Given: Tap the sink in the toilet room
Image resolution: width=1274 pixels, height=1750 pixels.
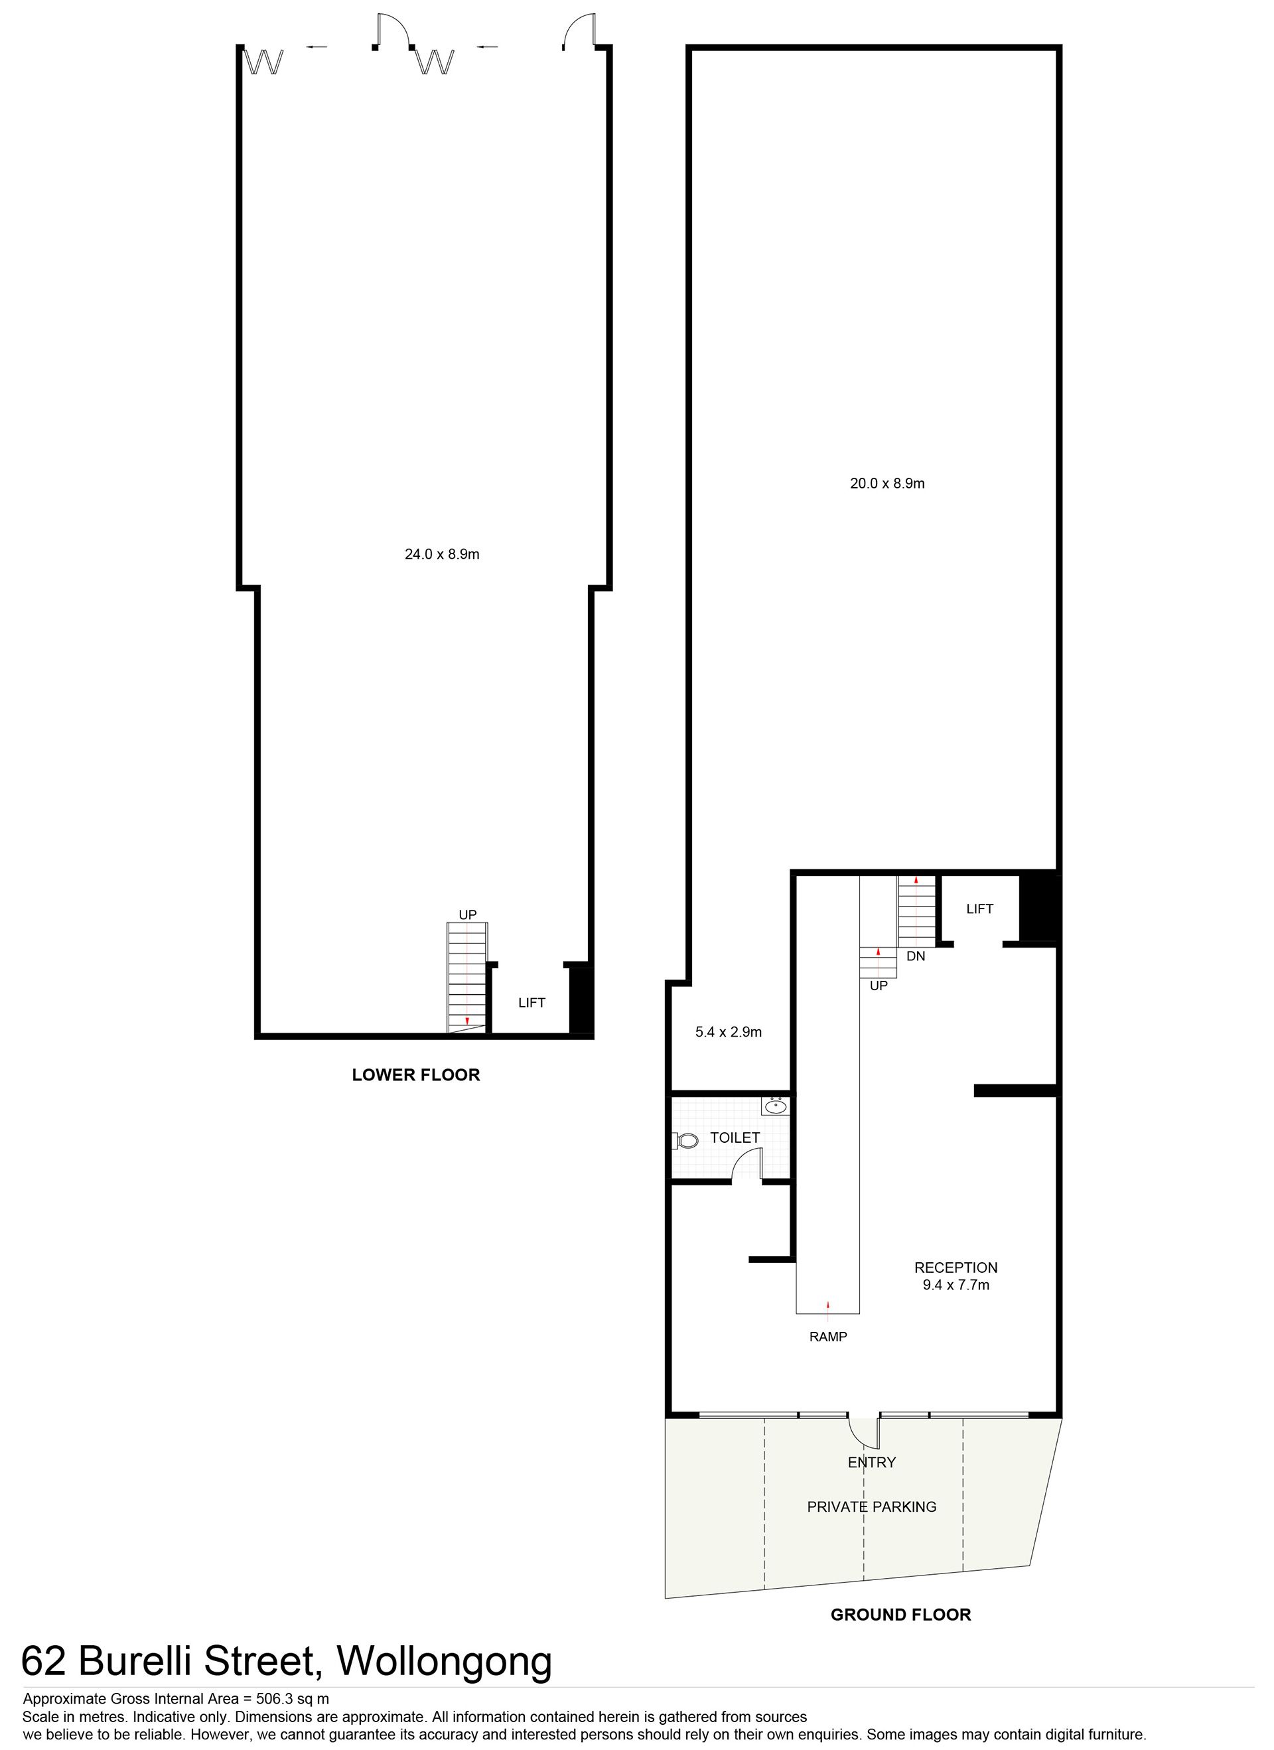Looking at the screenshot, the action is tap(776, 1107).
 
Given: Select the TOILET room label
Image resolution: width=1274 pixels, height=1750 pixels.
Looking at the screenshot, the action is tap(735, 1137).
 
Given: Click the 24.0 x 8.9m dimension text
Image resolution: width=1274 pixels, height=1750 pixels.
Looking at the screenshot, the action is tap(442, 554).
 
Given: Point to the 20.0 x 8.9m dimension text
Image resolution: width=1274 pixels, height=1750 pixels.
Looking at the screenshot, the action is tap(887, 484).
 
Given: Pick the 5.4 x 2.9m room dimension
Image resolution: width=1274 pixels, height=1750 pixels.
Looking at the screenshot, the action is tap(729, 1032).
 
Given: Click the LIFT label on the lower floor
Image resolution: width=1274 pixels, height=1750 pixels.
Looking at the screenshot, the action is tap(531, 1003).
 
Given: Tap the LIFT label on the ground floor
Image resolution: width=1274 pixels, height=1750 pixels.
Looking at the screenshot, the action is tap(980, 909).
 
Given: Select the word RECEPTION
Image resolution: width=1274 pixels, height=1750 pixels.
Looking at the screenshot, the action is tap(956, 1268).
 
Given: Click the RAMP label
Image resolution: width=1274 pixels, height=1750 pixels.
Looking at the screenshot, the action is tap(828, 1337).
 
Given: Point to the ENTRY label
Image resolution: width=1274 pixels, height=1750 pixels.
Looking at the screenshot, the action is tap(872, 1462).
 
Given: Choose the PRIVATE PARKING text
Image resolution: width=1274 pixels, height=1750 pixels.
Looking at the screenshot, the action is tap(872, 1507).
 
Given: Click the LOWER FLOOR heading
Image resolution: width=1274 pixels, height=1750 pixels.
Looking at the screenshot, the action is tap(416, 1075).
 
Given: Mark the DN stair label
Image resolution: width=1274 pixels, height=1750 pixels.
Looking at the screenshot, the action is tap(916, 956).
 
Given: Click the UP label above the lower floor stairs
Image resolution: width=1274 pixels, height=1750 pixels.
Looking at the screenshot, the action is tap(468, 915).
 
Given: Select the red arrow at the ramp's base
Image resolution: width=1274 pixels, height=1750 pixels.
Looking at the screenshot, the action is tap(828, 1305).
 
